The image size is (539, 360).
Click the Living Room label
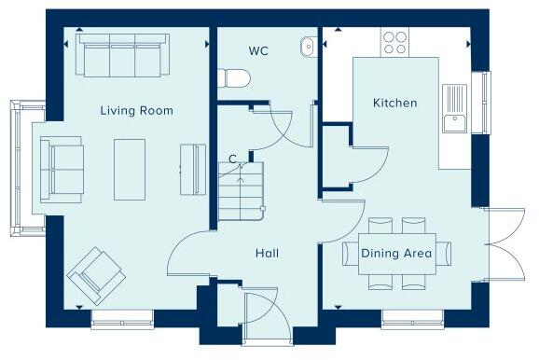(x=136, y=110)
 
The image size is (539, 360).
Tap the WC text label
(x=258, y=50)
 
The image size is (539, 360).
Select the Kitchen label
(x=394, y=103)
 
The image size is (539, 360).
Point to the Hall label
(x=267, y=253)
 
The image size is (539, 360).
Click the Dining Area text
(x=402, y=253)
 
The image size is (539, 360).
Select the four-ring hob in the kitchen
(x=394, y=42)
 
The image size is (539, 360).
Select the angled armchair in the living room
(x=95, y=271)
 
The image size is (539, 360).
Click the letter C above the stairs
(x=233, y=159)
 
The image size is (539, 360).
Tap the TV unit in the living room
(x=192, y=170)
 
